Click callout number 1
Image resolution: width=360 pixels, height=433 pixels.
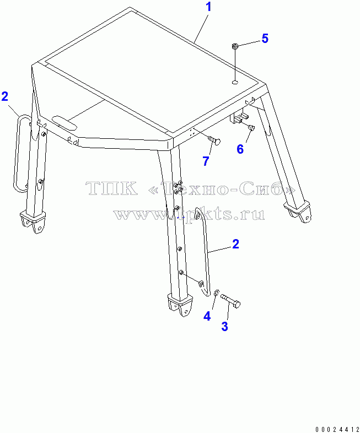[x=208, y=7]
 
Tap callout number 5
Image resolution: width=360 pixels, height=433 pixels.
[x=265, y=39]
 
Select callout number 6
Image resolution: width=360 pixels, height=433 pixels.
[x=240, y=149]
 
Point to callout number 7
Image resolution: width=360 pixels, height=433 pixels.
[x=206, y=161]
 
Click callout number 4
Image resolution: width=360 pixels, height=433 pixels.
[x=207, y=316]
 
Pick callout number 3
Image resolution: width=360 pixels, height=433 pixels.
[x=224, y=326]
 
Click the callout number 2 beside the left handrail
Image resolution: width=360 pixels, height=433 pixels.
[x=5, y=96]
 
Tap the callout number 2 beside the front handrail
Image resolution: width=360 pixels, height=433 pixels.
[x=235, y=244]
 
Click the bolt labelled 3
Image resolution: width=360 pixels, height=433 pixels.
[x=230, y=300]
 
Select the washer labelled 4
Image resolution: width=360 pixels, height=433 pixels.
[x=217, y=292]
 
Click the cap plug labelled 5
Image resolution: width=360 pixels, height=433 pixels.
[x=235, y=46]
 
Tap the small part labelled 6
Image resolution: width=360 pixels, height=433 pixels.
[x=251, y=128]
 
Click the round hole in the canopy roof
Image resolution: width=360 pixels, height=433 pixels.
[x=235, y=82]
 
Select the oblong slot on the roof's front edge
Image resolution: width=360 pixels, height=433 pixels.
[x=65, y=123]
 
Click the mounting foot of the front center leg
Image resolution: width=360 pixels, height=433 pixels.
[x=180, y=305]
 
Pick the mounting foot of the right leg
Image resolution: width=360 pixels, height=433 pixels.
[x=298, y=211]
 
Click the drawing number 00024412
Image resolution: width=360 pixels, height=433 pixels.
[x=337, y=429]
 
